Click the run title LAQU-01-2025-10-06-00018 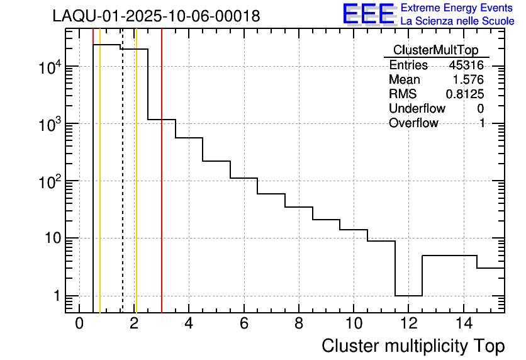coord(156,16)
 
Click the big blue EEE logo coord(368,14)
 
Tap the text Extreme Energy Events coord(457,8)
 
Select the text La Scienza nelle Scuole coord(457,21)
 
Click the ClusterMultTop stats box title coord(435,50)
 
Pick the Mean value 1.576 coord(469,80)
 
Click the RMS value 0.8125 coord(465,94)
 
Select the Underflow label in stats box coord(417,109)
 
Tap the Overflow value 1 coord(482,123)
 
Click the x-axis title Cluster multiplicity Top coord(413,346)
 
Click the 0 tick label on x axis coord(79,323)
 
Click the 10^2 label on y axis coord(49,181)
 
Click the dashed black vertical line coord(122,189)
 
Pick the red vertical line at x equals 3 coord(162,189)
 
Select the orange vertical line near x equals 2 coord(136,189)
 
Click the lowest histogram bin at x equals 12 coord(408,295)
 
